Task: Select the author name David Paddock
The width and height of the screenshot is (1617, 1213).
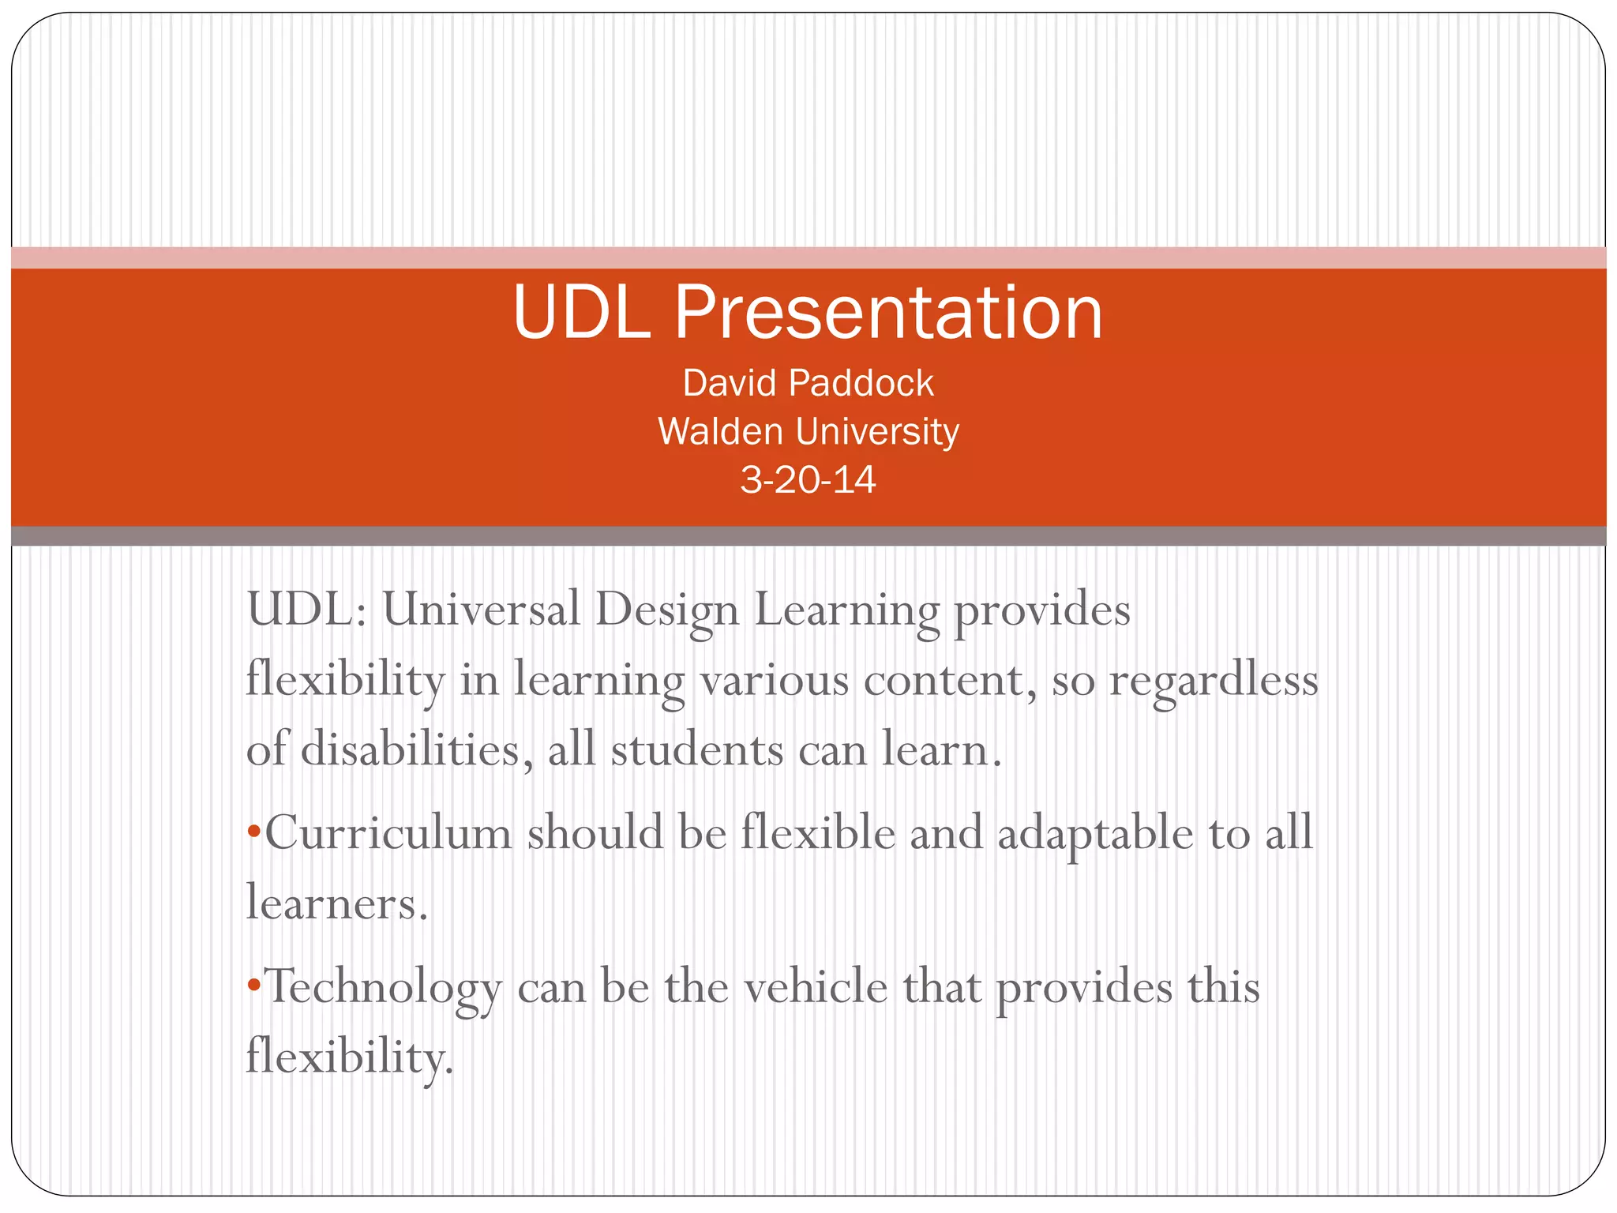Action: [x=808, y=383]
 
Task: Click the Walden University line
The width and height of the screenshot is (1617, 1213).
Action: [x=808, y=432]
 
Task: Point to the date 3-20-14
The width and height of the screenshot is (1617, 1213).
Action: [x=808, y=480]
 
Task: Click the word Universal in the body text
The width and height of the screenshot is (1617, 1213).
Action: [x=481, y=610]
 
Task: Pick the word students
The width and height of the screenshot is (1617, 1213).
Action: [x=697, y=749]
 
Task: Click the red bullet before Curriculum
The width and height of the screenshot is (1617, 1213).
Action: [x=253, y=832]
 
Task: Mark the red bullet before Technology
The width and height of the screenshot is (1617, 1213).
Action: [x=253, y=985]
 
